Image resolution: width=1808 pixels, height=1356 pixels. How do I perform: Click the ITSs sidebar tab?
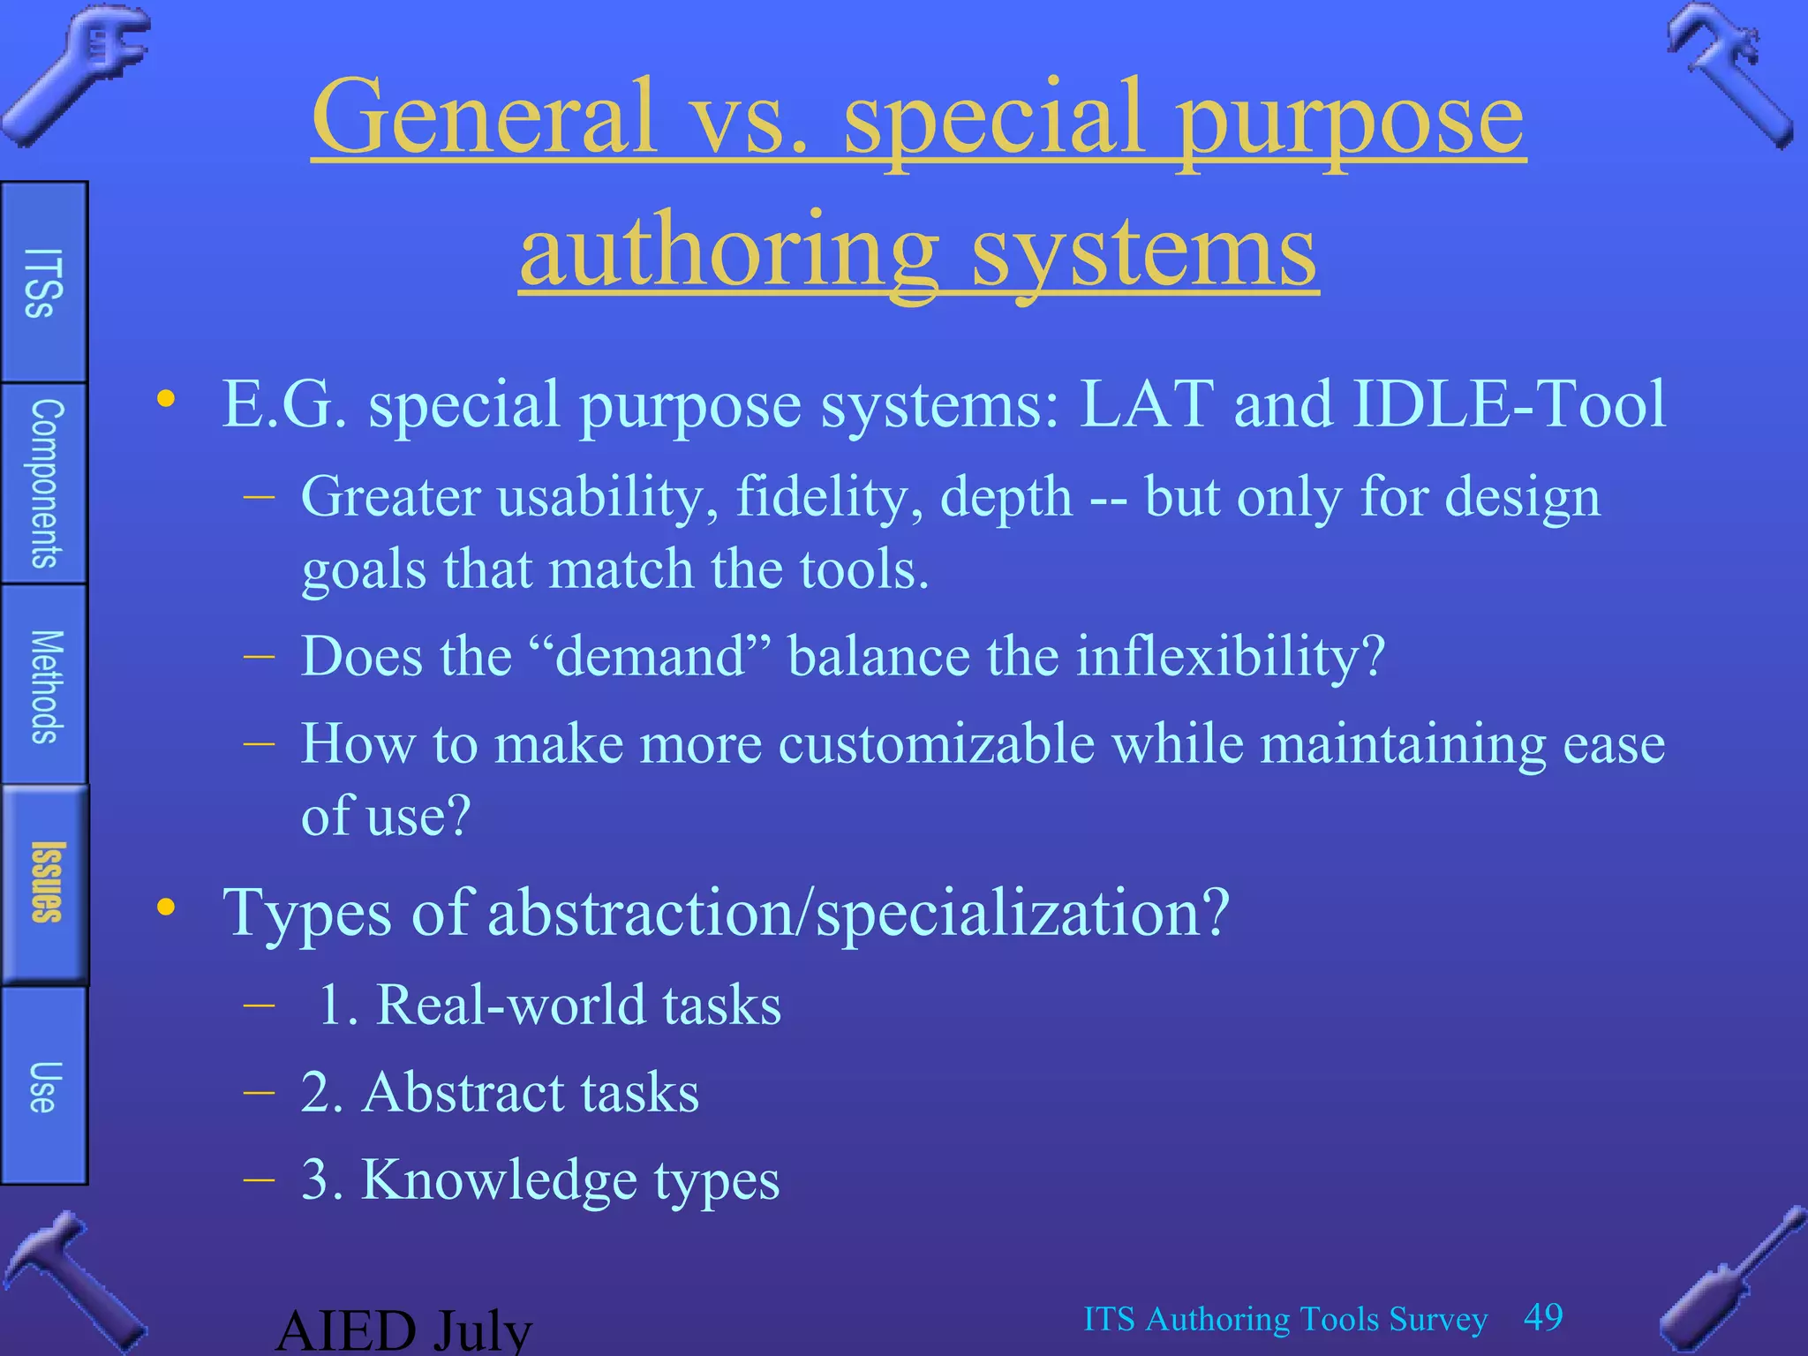pos(43,282)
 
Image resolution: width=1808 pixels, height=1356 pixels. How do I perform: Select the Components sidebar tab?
pos(44,483)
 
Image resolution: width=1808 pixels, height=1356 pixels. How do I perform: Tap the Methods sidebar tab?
pos(44,685)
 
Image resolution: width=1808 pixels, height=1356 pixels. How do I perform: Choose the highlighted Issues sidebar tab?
pos(45,883)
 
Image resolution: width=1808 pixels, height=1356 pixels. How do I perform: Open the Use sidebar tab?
pos(43,1086)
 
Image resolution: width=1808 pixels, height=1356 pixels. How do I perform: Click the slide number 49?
pos(1543,1317)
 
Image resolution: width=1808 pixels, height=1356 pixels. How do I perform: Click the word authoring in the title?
pos(729,251)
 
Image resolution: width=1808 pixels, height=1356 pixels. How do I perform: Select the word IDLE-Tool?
pos(1509,403)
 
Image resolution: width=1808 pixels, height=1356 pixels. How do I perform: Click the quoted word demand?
pos(650,657)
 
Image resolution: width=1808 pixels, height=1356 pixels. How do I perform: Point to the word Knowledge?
pos(499,1179)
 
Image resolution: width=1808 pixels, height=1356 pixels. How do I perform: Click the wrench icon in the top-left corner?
pos(75,75)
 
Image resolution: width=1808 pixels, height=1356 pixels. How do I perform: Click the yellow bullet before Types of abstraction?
pos(166,908)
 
